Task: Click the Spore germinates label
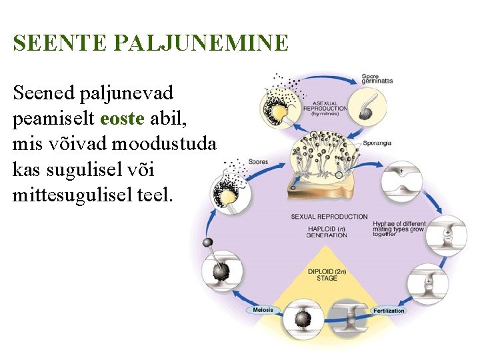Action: point(377,79)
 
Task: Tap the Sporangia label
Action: point(378,143)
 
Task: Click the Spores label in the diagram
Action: point(258,162)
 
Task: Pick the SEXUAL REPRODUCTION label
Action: point(329,217)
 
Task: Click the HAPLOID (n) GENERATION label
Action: point(327,231)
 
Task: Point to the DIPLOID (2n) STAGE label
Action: point(327,275)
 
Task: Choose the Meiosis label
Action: point(263,310)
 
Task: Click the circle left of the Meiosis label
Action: point(224,272)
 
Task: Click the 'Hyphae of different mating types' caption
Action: point(399,229)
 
